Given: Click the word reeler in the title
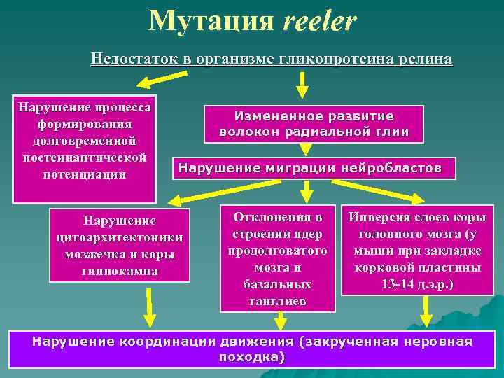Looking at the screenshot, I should pos(320,22).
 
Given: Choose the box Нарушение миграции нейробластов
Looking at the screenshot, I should pos(310,168).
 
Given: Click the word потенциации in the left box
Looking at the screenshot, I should pos(84,174).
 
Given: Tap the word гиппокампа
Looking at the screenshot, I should pos(119,270).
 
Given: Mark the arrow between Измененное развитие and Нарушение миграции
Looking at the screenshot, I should pos(306,148).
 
